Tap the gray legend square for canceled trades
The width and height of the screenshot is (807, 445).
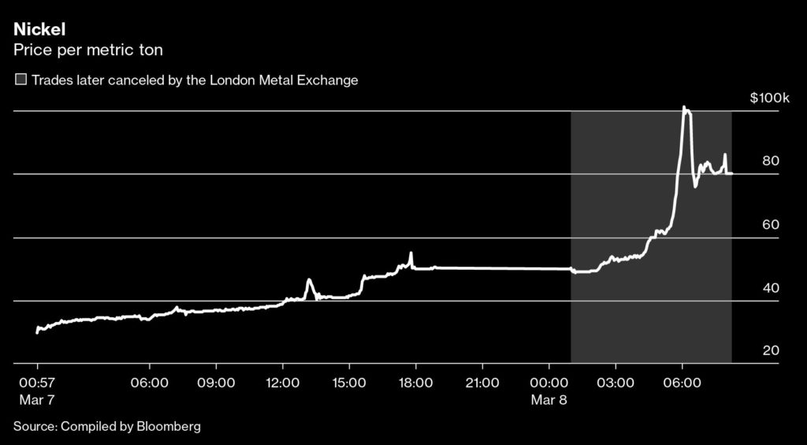tap(20, 80)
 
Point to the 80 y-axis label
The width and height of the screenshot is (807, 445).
tap(771, 162)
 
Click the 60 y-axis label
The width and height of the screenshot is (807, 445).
tap(771, 225)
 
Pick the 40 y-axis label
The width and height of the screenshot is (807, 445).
tap(771, 288)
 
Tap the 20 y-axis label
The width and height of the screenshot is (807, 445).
tap(771, 351)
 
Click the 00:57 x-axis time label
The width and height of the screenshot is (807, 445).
tap(36, 383)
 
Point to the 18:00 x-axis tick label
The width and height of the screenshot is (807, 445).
tap(415, 383)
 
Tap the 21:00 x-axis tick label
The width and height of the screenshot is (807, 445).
tap(482, 383)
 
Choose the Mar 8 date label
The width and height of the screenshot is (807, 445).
tap(549, 400)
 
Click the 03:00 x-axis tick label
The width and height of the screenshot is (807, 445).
tap(615, 383)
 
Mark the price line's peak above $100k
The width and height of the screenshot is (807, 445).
tap(684, 107)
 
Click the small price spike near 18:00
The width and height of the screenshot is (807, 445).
tap(411, 253)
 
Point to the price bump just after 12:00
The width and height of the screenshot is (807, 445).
tap(309, 280)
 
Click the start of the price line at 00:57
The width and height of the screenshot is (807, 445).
tap(37, 332)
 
